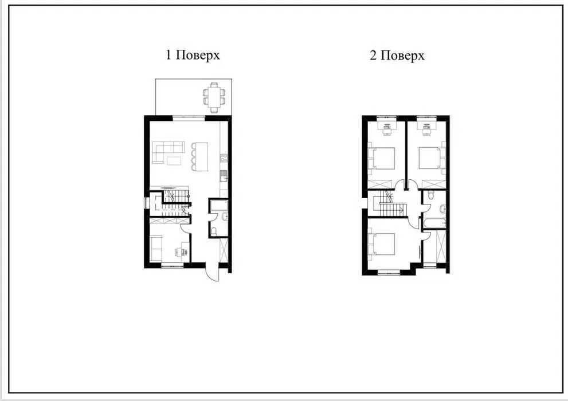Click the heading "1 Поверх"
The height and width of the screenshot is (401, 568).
[x=193, y=56]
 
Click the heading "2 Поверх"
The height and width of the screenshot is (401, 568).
[x=397, y=56]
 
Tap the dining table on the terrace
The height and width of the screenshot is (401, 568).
[x=214, y=97]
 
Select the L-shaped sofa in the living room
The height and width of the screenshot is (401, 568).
[x=168, y=152]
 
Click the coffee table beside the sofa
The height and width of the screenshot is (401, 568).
[x=174, y=160]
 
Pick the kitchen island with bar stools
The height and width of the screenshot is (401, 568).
[x=199, y=156]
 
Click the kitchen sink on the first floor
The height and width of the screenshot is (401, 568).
[x=224, y=177]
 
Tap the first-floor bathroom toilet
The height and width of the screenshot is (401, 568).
[x=214, y=230]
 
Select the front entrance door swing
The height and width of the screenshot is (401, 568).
[x=212, y=273]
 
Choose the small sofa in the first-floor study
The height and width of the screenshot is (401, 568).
[x=156, y=248]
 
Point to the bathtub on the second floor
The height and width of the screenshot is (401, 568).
[x=434, y=223]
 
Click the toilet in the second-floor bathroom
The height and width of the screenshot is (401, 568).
[x=430, y=195]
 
